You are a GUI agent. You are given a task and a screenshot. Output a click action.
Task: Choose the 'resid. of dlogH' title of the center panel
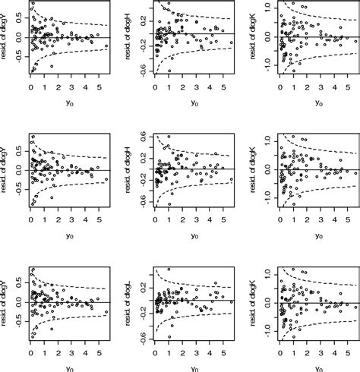tap(132, 169)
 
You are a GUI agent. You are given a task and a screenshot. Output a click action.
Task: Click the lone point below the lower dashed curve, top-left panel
tap(52, 67)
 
